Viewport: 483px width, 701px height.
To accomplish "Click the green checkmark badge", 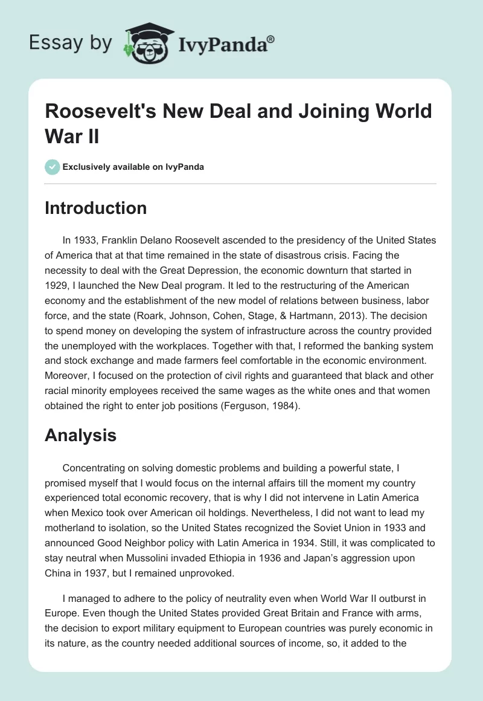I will [x=52, y=167].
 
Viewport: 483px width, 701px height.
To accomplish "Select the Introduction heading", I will [x=95, y=208].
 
